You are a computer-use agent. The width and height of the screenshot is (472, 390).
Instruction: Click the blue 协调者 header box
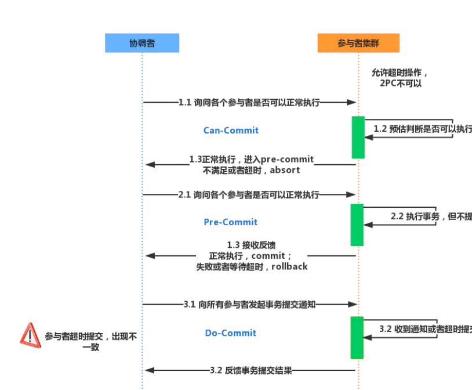pos(142,43)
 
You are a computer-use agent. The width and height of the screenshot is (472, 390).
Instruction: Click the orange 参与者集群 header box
pos(358,43)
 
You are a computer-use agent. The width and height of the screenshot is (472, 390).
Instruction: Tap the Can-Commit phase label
pos(231,131)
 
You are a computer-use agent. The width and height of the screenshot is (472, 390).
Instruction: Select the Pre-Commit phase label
pos(230,222)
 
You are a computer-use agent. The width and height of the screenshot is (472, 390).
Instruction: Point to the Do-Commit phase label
pos(230,333)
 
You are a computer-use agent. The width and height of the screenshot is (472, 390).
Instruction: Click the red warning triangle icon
pos(30,336)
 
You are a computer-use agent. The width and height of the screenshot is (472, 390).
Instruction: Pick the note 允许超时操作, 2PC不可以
pos(400,78)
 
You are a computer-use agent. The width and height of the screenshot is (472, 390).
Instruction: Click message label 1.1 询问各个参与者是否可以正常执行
pos(249,102)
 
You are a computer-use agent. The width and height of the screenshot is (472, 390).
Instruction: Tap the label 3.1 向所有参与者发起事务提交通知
pos(249,304)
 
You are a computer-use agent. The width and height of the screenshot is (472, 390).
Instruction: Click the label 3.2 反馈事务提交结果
pos(250,370)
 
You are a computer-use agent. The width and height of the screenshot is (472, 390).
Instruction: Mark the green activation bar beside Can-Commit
pos(358,137)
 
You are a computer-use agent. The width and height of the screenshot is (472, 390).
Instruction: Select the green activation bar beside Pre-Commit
pos(357,225)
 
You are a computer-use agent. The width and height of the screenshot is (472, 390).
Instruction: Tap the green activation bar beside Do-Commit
pos(357,337)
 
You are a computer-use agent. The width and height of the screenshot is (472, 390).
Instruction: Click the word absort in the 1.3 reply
pos(285,171)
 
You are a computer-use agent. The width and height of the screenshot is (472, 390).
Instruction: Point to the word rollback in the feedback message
pos(289,267)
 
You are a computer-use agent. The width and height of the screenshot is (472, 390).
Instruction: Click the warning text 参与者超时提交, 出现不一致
pos(91,341)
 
